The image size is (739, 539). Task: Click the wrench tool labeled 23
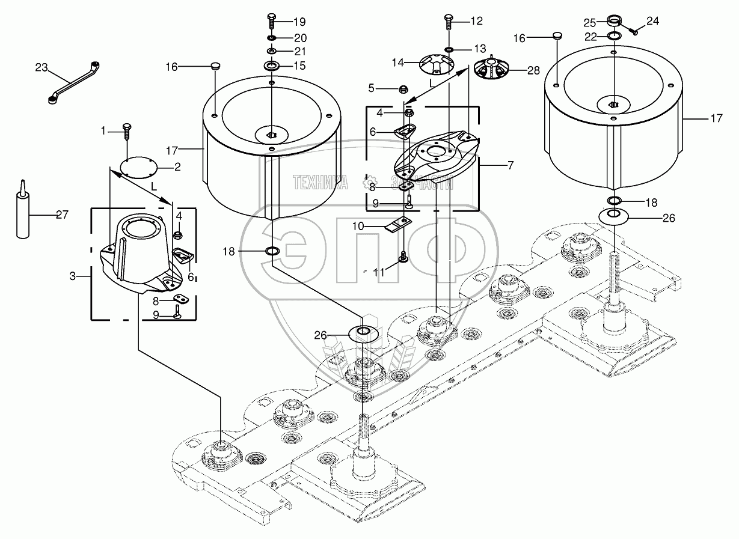(73, 84)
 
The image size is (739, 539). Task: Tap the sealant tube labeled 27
(22, 211)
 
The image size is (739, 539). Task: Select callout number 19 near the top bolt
(300, 22)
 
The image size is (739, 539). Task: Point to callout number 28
(533, 70)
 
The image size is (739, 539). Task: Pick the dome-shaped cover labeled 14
(437, 65)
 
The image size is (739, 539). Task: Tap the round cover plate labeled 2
(140, 168)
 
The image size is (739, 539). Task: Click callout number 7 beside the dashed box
(511, 165)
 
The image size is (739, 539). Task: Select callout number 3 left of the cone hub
(73, 276)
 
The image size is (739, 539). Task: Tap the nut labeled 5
(403, 89)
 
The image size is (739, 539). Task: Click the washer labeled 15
(272, 65)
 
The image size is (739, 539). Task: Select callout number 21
(300, 52)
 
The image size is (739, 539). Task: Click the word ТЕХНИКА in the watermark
(320, 183)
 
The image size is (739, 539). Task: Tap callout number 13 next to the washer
(480, 49)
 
